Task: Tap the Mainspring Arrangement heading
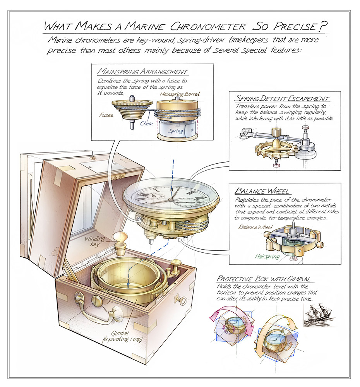(143, 72)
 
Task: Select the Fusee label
(106, 115)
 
